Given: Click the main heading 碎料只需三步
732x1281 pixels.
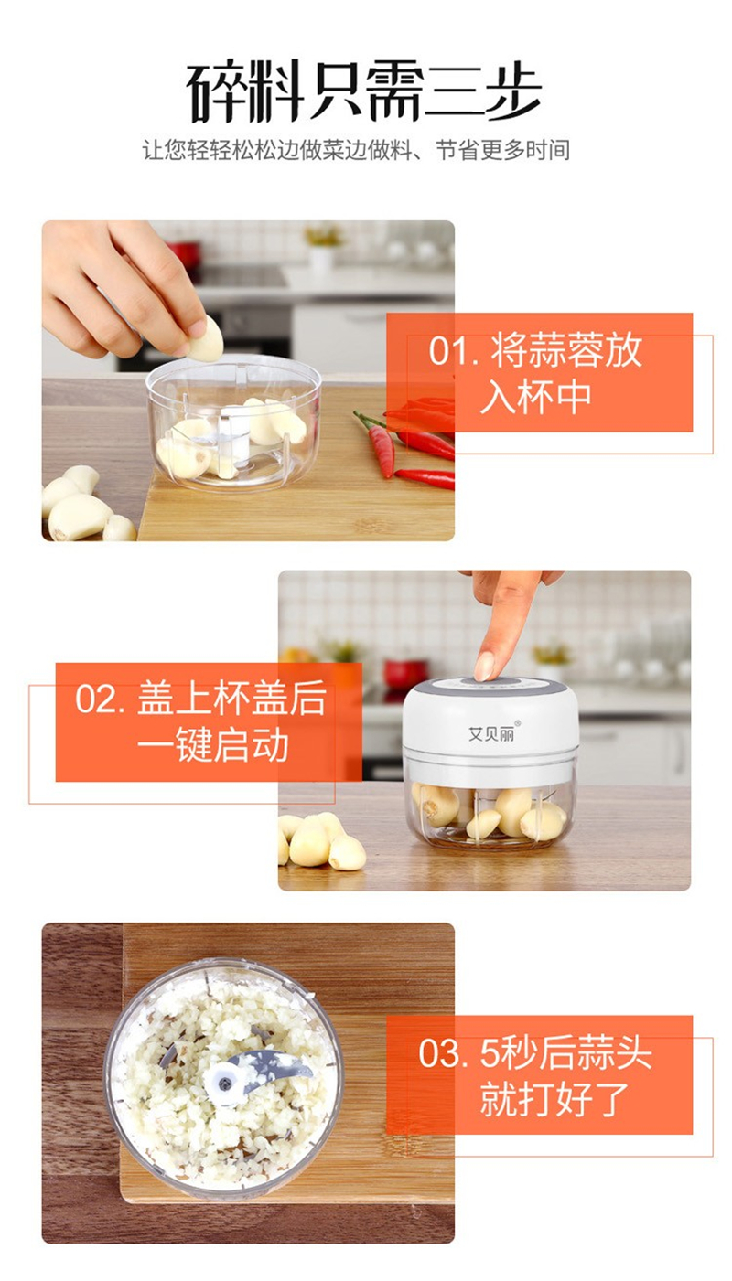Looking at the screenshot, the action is [364, 91].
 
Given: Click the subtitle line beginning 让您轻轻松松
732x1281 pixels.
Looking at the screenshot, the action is [356, 150].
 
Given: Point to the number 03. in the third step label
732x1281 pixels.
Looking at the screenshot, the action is [444, 1053].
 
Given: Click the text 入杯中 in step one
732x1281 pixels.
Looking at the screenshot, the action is [535, 397].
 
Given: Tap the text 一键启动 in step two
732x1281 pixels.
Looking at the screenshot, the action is [213, 745].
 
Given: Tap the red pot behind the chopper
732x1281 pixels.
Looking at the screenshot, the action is [405, 675].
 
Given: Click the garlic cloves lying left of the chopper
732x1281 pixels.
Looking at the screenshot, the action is [321, 842].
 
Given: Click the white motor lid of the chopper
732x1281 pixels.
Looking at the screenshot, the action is [490, 720].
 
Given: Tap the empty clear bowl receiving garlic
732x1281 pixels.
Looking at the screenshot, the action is [233, 422].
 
